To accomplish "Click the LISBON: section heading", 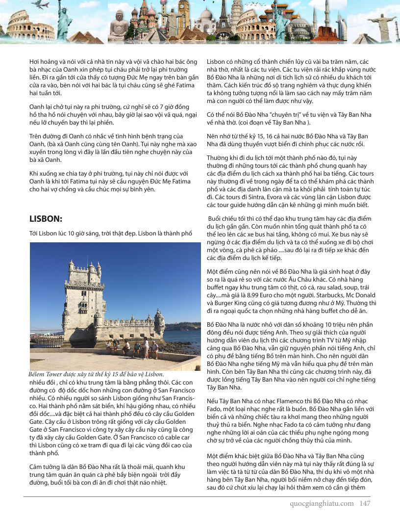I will point(46,219).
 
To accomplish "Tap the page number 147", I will point(365,503).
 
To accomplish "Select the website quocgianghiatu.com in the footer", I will point(322,503).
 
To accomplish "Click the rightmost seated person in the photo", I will point(154,350).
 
